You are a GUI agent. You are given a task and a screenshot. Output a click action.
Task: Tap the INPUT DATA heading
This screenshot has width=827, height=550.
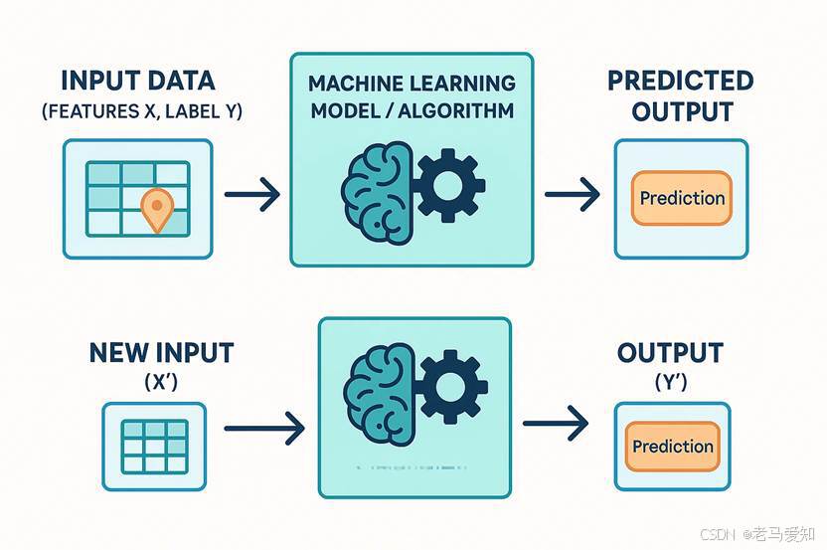[x=137, y=81]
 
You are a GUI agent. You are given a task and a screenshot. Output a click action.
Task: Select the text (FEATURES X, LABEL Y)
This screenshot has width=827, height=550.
[x=141, y=111]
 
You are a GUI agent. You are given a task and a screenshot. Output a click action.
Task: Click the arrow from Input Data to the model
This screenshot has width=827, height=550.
[x=251, y=195]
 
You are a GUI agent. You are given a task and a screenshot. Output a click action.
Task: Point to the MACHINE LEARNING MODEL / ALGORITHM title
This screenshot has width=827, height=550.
[x=412, y=95]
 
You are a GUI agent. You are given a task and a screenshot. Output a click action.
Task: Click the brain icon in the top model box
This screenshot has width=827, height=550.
[x=377, y=190]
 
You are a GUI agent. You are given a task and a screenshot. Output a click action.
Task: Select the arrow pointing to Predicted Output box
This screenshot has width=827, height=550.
[x=574, y=195]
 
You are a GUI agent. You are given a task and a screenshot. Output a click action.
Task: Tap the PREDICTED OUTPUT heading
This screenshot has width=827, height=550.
[x=680, y=94]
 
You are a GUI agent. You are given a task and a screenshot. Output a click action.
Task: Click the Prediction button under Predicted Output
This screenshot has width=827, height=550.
[x=682, y=198]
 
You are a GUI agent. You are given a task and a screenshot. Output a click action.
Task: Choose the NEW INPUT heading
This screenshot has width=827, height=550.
[x=161, y=352]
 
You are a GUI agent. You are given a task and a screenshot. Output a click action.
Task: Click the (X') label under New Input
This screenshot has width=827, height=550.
[x=160, y=381]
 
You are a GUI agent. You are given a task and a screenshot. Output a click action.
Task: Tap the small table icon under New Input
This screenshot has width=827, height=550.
[x=153, y=445]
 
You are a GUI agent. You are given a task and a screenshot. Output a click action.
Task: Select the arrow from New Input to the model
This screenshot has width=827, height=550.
[x=263, y=430]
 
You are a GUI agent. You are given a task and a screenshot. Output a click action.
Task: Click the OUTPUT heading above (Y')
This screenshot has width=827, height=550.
[x=670, y=353]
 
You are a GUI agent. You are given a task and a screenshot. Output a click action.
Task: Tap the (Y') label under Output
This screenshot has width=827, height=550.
[x=670, y=381]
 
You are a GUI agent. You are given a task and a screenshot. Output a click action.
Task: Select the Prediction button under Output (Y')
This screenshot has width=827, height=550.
[x=673, y=447]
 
